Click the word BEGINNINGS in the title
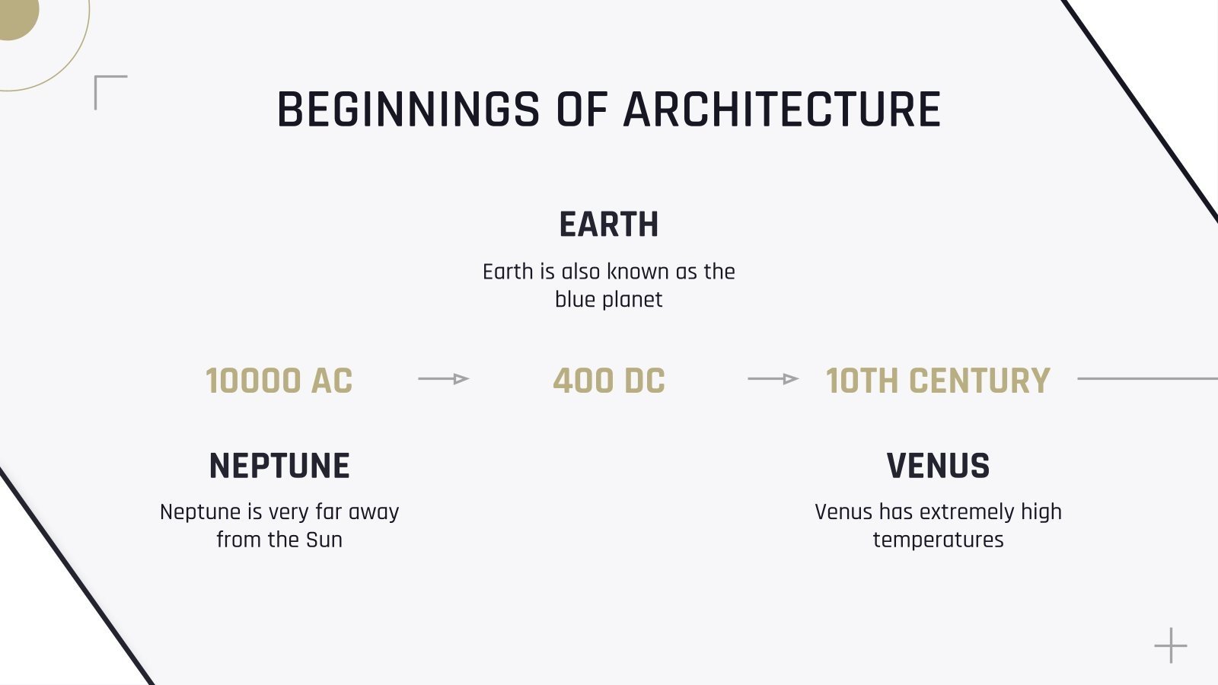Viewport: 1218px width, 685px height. (x=408, y=110)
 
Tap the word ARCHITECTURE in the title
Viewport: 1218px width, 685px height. (x=782, y=110)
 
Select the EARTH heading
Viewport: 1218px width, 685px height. (x=609, y=225)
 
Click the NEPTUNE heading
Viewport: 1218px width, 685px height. (x=279, y=466)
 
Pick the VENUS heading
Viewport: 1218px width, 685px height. (x=938, y=466)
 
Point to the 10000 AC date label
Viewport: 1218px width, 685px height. (x=279, y=381)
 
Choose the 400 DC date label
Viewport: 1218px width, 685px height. (x=609, y=381)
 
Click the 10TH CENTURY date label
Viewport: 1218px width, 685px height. (x=938, y=381)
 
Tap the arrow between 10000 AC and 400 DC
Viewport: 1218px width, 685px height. (x=444, y=378)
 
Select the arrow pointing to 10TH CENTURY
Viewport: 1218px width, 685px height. (x=773, y=378)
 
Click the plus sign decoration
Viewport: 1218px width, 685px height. (x=1170, y=645)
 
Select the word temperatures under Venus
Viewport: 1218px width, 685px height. (x=938, y=540)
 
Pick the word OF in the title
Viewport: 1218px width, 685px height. (x=582, y=110)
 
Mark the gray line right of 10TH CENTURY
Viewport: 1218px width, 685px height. (x=1147, y=378)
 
